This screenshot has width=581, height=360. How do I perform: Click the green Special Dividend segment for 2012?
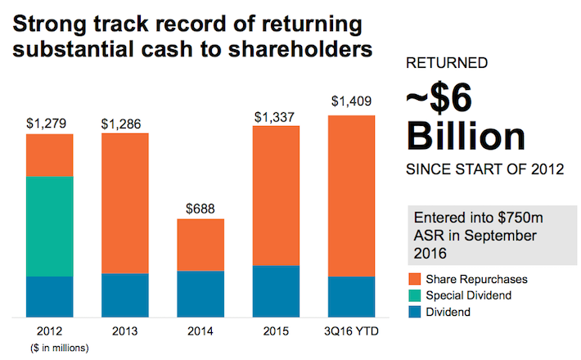(x=49, y=226)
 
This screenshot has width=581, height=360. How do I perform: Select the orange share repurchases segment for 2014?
(x=200, y=245)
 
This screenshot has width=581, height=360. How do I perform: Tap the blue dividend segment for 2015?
(x=276, y=291)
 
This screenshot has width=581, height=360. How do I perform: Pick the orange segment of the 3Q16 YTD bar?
(x=351, y=196)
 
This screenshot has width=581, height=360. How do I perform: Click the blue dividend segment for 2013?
(x=125, y=295)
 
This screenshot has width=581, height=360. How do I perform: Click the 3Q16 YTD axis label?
(x=351, y=331)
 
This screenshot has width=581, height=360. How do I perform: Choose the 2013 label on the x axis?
(x=125, y=331)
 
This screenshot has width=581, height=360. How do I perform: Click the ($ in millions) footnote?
(x=49, y=347)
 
